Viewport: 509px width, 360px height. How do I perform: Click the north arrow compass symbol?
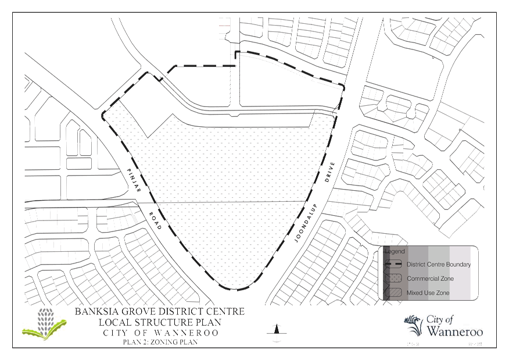click(x=277, y=334)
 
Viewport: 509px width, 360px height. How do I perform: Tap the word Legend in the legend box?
click(x=395, y=252)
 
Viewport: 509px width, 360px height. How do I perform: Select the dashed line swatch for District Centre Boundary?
click(x=394, y=265)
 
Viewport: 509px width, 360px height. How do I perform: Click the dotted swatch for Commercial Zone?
click(x=394, y=279)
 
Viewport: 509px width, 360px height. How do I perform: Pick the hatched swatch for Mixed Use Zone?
click(x=394, y=293)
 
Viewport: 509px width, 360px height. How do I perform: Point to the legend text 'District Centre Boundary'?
click(x=438, y=265)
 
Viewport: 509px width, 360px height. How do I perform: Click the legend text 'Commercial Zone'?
click(x=430, y=279)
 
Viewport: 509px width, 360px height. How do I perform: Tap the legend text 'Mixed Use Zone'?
click(x=428, y=293)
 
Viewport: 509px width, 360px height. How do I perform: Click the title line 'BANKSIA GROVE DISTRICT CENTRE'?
click(x=160, y=312)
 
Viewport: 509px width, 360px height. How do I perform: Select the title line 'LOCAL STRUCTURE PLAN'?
click(x=160, y=322)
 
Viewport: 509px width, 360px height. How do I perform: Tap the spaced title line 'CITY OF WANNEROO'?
click(x=160, y=333)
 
